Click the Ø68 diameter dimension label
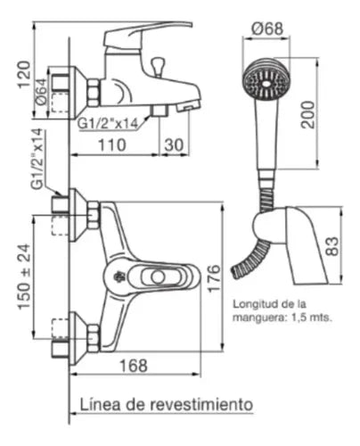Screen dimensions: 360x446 pos(267,29)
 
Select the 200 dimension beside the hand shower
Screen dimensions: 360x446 pos(307,115)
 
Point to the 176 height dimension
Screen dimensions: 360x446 pos(214,278)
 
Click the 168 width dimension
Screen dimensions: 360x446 pos(134,366)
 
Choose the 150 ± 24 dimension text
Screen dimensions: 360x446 pos(24,277)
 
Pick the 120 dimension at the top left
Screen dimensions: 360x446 pos(24,74)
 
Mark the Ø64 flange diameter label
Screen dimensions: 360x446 pos(41,92)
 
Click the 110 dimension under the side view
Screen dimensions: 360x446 pos(112,145)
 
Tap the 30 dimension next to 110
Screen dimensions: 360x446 pos(174,145)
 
